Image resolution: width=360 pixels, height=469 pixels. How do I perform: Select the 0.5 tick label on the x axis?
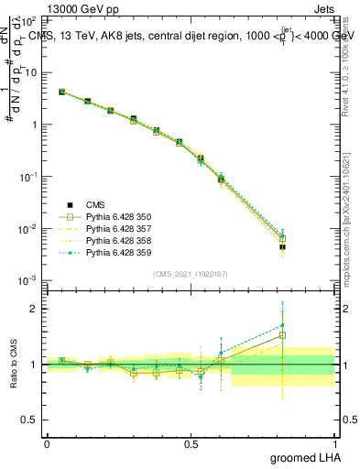pyautogui.click(x=191, y=443)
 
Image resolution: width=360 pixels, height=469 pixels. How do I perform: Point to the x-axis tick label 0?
pyautogui.click(x=47, y=443)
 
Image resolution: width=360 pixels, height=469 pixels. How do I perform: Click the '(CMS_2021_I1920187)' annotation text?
pyautogui.click(x=191, y=273)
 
